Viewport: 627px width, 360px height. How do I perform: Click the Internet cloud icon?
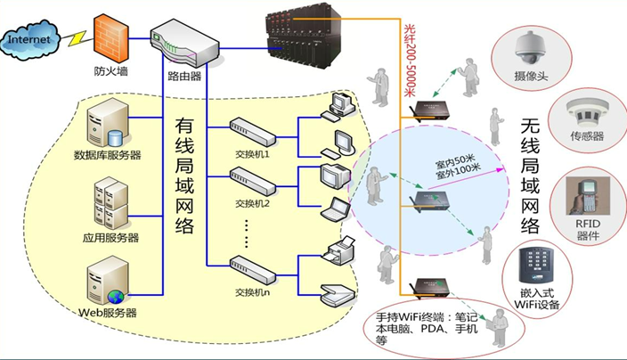click(32, 41)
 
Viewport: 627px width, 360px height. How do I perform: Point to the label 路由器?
click(183, 77)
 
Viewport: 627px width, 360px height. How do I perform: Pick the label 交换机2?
click(252, 203)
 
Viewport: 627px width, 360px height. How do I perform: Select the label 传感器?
click(588, 136)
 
